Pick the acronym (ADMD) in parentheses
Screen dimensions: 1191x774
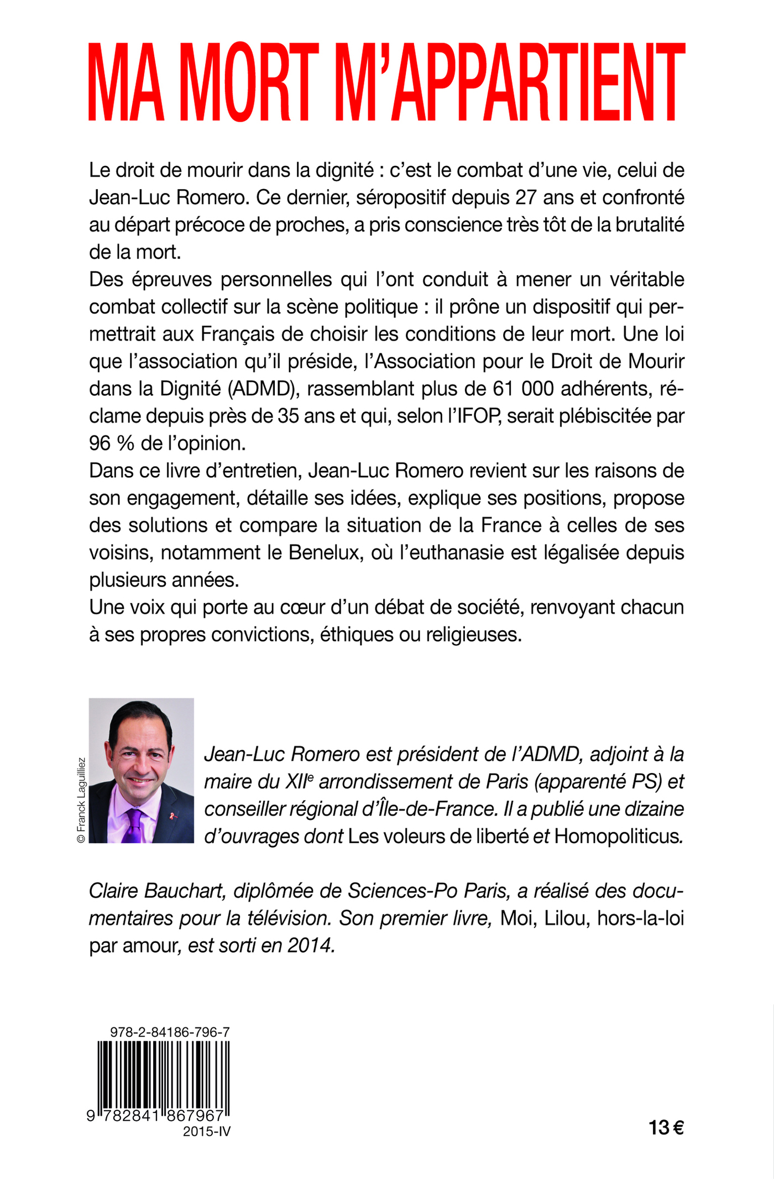point(263,389)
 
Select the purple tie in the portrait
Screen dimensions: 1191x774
point(134,826)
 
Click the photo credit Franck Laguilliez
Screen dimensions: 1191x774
point(81,800)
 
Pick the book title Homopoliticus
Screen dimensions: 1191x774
point(618,836)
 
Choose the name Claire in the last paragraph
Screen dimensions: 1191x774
point(114,891)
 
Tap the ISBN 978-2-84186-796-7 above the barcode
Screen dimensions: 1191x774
point(170,1032)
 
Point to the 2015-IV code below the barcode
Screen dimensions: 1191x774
point(206,1131)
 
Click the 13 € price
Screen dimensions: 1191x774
point(666,1128)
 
